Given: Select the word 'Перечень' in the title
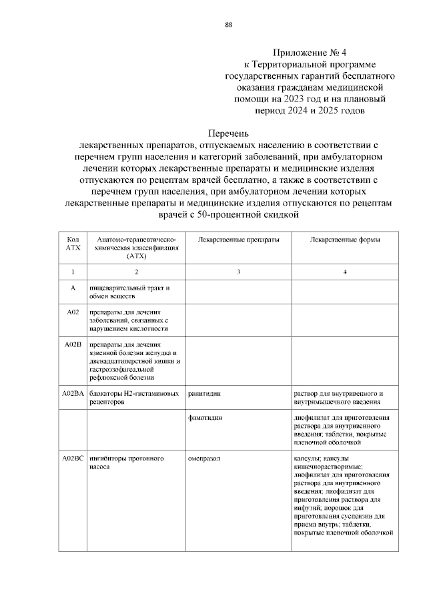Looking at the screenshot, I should tap(229, 133).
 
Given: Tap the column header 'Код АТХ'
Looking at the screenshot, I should tap(73, 243).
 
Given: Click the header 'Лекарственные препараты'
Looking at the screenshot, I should tap(230, 239).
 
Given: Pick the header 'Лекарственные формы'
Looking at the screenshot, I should tap(344, 239).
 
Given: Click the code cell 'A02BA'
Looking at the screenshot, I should tap(73, 394).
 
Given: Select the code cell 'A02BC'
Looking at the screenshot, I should tap(73, 459).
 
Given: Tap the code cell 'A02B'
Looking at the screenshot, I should tap(73, 344).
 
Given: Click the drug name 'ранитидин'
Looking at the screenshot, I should tap(204, 394).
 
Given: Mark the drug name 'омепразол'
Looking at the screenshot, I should tap(203, 459).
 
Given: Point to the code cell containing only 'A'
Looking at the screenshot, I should tap(73, 288).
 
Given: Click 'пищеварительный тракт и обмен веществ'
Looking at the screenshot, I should tap(127, 292).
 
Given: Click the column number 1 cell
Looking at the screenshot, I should tap(73, 272).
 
